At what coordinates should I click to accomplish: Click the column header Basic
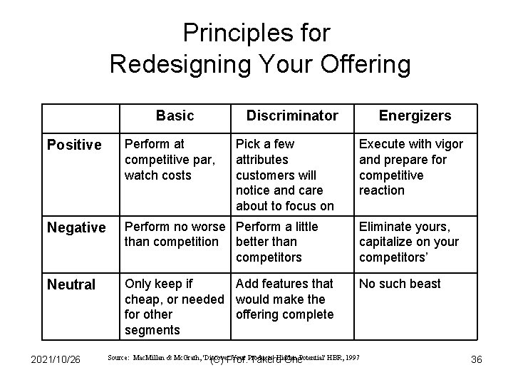pyautogui.click(x=175, y=115)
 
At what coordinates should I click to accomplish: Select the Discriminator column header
pyautogui.click(x=292, y=115)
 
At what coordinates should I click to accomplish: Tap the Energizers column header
pyautogui.click(x=415, y=115)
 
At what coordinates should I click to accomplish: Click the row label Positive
pyautogui.click(x=74, y=145)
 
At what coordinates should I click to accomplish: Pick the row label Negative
pyautogui.click(x=76, y=228)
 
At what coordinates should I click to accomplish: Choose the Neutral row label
pyautogui.click(x=71, y=285)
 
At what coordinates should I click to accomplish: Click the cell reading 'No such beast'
pyautogui.click(x=400, y=284)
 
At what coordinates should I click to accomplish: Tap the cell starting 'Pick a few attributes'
pyautogui.click(x=284, y=175)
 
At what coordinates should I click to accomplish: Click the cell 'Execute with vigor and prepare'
pyautogui.click(x=410, y=167)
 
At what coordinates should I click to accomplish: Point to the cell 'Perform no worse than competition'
pyautogui.click(x=173, y=234)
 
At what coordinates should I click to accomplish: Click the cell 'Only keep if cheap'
pyautogui.click(x=173, y=307)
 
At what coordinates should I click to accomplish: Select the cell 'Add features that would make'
pyautogui.click(x=284, y=299)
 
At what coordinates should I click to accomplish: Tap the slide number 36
pyautogui.click(x=477, y=359)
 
